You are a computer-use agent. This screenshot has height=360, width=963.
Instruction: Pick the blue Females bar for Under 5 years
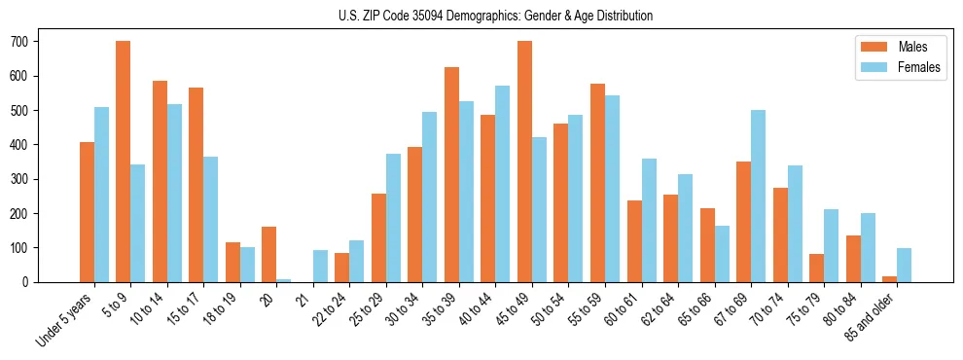click(101, 195)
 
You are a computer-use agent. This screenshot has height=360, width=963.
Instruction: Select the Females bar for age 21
click(320, 266)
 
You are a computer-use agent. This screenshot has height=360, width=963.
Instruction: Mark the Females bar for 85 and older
click(904, 265)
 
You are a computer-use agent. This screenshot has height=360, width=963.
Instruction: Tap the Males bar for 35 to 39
click(451, 174)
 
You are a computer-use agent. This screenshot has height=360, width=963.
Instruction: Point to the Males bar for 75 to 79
click(816, 268)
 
